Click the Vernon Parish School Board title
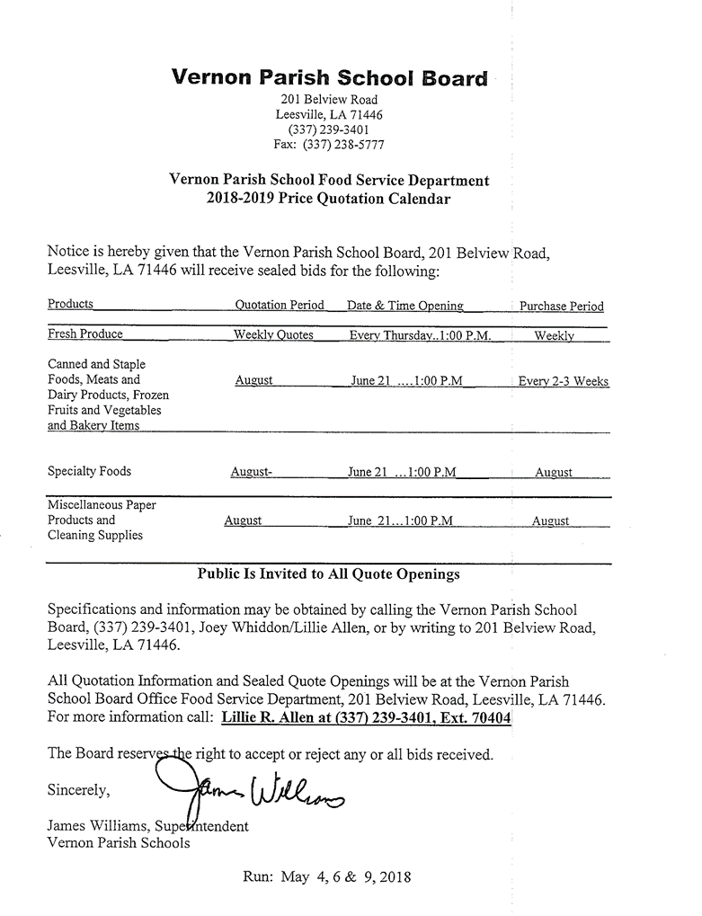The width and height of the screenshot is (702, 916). [329, 77]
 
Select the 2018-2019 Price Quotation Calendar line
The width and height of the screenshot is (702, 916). [329, 199]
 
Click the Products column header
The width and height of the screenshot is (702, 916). [70, 304]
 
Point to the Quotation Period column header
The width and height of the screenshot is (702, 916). [280, 305]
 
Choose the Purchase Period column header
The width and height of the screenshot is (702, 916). [562, 306]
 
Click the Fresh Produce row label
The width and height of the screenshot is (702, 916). [85, 333]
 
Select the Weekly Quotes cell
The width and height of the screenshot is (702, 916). [273, 334]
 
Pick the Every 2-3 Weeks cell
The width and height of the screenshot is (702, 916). [564, 381]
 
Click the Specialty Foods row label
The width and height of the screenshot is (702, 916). [89, 471]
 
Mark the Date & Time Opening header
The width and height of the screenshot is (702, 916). [405, 305]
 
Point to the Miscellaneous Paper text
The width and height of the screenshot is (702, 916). [102, 505]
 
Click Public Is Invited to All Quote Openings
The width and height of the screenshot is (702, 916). [329, 574]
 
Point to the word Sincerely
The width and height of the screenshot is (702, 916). [78, 791]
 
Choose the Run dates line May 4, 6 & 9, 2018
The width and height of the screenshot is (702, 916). [327, 876]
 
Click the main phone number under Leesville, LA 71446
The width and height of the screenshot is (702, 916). [329, 129]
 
